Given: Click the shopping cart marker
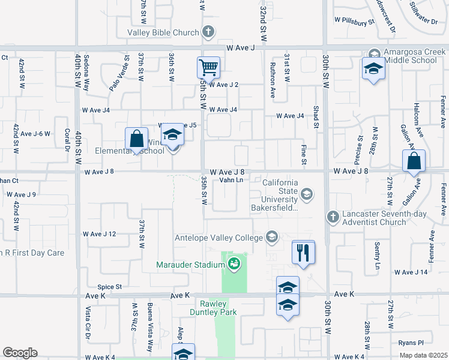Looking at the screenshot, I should coord(208,67).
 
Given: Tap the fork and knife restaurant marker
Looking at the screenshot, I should coord(303,252).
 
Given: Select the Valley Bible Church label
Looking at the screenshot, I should coord(162,32).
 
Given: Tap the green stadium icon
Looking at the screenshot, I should coord(234,263).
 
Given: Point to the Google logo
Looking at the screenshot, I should coord(20,352).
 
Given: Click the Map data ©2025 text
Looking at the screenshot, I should coord(424,355).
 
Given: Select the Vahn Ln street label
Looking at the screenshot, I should coord(231,179).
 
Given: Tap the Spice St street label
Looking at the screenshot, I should coord(110,287).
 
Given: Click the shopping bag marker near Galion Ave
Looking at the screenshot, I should coord(414,161).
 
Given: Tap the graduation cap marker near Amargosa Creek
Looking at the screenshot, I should coord(373,69).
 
